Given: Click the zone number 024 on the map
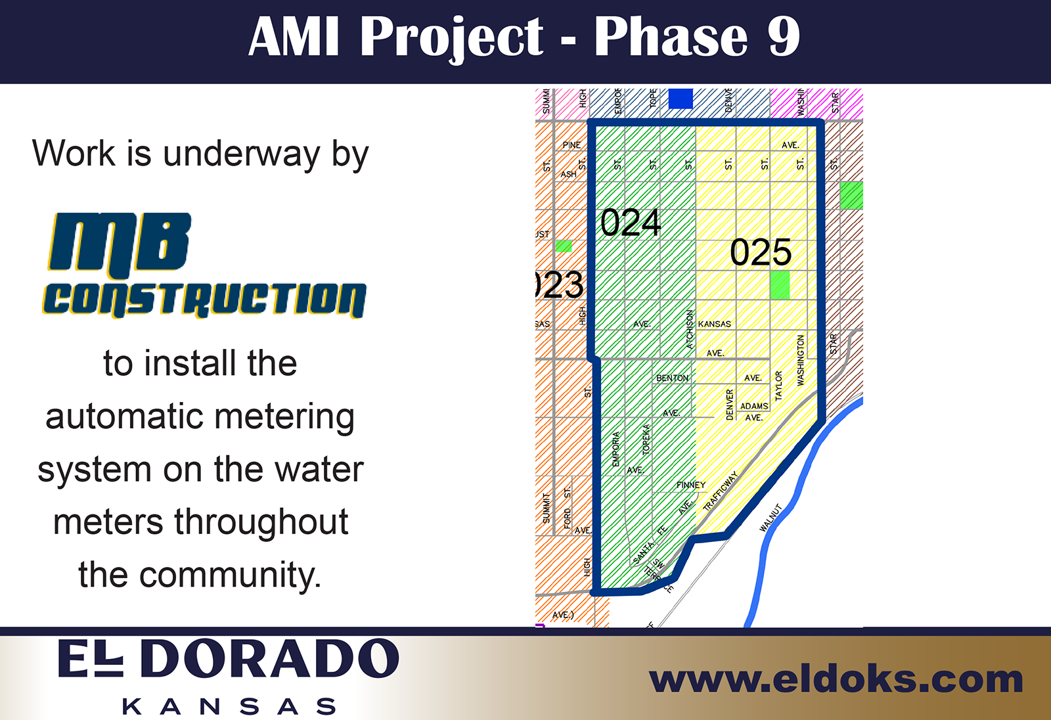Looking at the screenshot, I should [x=630, y=223].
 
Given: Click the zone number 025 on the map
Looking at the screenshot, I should [x=761, y=252].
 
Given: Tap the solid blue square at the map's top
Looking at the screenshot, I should [x=681, y=99].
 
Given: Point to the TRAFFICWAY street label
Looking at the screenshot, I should [x=721, y=491].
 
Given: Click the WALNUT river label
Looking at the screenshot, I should [x=771, y=518].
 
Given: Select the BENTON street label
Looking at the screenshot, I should [x=672, y=378].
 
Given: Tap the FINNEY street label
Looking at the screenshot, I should [x=690, y=485].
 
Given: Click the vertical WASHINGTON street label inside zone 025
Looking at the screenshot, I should [x=800, y=360].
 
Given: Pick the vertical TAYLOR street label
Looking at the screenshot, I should [x=778, y=386].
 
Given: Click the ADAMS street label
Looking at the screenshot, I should [x=753, y=406].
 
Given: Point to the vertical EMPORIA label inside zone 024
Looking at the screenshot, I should [x=615, y=449].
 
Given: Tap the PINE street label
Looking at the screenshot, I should [x=571, y=145].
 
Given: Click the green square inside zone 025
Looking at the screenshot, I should [x=780, y=285].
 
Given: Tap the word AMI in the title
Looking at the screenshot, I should [x=294, y=37].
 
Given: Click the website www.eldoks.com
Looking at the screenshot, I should [x=836, y=679].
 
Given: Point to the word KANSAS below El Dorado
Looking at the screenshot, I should [x=229, y=707].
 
